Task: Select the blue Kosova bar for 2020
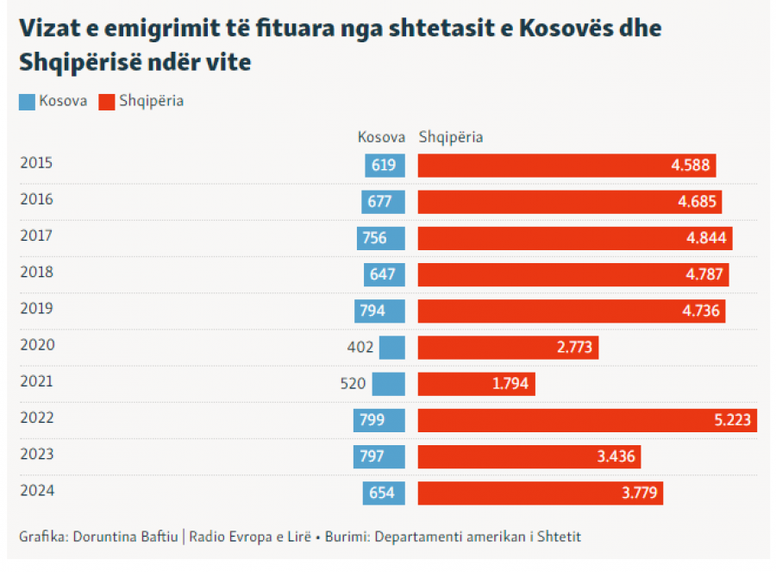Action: [392, 348]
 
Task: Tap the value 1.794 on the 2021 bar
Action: [510, 384]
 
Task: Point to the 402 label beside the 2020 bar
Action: [360, 348]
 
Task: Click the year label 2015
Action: [36, 163]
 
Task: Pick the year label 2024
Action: [36, 491]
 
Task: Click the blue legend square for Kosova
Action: [28, 102]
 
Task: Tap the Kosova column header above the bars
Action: [381, 137]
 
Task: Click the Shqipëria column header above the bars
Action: [451, 137]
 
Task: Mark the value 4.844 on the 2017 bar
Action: [707, 238]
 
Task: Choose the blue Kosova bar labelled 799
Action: [379, 420]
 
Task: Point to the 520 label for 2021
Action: [353, 384]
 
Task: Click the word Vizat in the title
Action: [48, 28]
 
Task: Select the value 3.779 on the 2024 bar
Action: [638, 493]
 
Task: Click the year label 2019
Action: [36, 308]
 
